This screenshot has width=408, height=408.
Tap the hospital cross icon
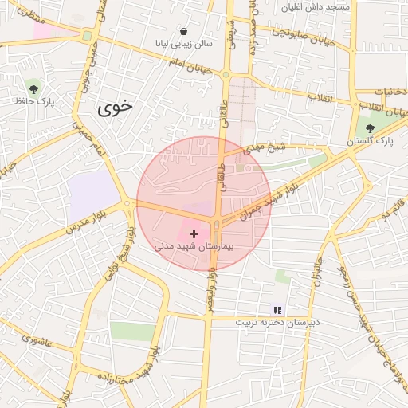pos(194,233)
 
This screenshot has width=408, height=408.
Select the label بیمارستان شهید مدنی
pos(194,248)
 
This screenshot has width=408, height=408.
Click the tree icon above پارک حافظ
pos(33,87)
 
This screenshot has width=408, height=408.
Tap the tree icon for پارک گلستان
pos(369,127)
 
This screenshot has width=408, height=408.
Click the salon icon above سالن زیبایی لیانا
pos(184,31)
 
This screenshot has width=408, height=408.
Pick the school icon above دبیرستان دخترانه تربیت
pos(277,309)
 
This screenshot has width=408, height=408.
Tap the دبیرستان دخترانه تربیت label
pos(277,323)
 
